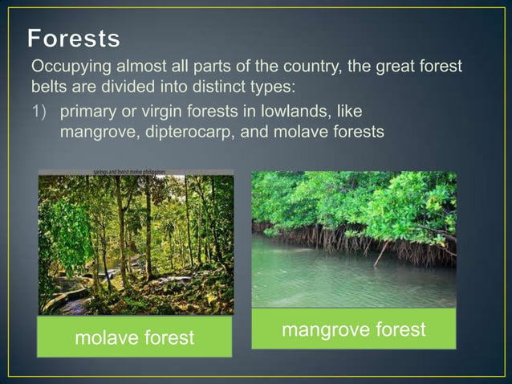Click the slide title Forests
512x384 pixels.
(75, 38)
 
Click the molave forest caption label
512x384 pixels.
(135, 338)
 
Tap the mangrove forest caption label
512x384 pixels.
(354, 330)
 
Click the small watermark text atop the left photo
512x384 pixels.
(135, 172)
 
